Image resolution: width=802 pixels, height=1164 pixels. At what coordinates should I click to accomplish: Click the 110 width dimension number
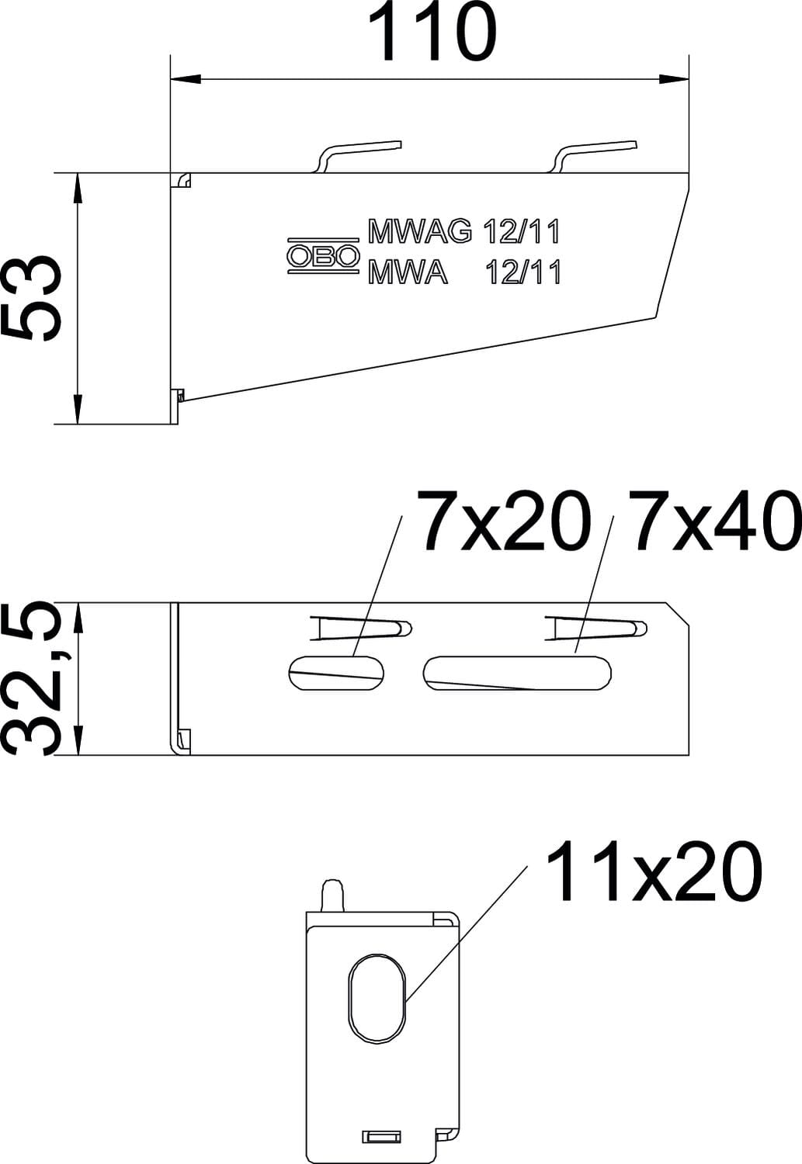click(432, 33)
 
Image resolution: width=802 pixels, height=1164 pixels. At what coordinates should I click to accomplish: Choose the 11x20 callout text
click(654, 871)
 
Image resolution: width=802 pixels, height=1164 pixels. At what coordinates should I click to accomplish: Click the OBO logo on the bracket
click(323, 255)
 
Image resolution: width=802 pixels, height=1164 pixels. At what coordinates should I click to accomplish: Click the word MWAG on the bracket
click(420, 232)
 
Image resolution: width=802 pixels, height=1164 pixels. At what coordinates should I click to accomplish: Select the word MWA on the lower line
click(408, 272)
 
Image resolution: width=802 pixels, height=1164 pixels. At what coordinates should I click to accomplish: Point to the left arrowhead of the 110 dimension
click(186, 79)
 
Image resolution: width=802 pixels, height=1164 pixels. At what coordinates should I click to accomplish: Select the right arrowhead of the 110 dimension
click(674, 79)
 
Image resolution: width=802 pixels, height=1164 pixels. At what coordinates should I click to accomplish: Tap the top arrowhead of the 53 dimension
click(78, 188)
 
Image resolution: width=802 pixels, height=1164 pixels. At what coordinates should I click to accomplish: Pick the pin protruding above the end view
click(334, 896)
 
